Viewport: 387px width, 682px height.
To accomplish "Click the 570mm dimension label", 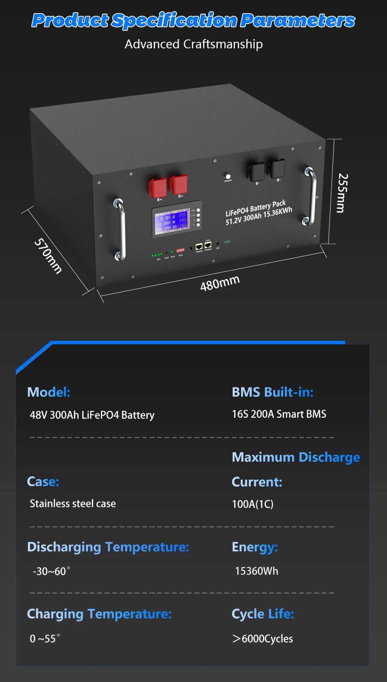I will click(x=48, y=256).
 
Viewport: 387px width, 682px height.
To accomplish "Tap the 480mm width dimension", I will click(x=220, y=283).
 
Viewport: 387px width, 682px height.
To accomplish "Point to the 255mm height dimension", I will click(x=342, y=193).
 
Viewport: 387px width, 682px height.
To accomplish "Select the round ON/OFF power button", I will click(x=228, y=176).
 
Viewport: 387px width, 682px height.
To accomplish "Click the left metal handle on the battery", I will click(x=120, y=229).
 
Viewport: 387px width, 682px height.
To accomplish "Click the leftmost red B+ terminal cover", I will click(x=158, y=187).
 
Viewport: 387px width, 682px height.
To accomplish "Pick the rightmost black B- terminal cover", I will click(x=277, y=168).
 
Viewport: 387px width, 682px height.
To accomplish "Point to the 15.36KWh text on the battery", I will click(x=277, y=212).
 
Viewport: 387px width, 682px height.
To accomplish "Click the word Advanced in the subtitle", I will click(x=152, y=44).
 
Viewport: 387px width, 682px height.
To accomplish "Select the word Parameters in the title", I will click(x=297, y=21).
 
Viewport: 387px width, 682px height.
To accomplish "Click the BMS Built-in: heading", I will click(x=272, y=392).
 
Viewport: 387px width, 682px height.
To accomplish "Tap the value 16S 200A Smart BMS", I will click(x=279, y=414).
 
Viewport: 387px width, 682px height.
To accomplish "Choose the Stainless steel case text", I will click(x=73, y=504).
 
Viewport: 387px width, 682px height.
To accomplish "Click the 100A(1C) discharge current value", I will click(x=252, y=504).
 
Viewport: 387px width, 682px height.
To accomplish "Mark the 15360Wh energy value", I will click(x=256, y=571).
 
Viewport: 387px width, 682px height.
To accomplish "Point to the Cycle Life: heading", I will click(x=263, y=614).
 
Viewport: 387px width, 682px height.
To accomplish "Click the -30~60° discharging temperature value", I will click(x=51, y=571).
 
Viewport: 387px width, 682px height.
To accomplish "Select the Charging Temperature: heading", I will click(x=99, y=614).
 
